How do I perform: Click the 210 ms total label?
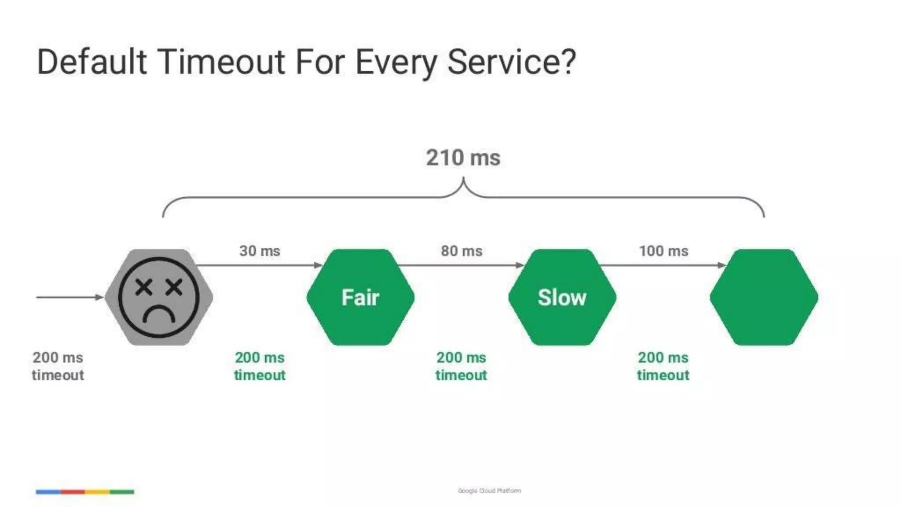463,158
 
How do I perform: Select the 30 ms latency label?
260,251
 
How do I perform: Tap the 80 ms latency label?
461,251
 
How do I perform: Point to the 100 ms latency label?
663,251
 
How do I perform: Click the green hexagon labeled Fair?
360,298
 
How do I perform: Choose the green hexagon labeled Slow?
562,298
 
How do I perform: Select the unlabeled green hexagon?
764,298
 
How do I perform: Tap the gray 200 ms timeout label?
58,366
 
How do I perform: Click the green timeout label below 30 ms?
260,366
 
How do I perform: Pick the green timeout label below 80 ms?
461,366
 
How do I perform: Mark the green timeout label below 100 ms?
663,366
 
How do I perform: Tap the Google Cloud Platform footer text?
489,491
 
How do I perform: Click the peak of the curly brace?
463,180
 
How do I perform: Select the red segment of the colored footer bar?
73,492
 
